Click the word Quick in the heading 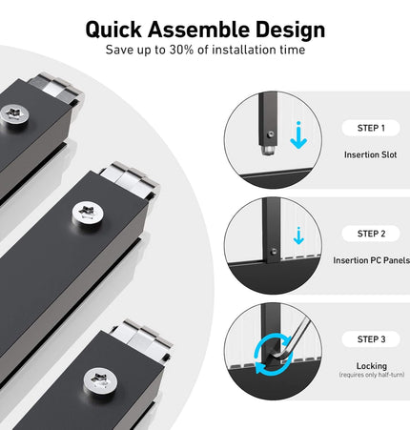[x=113, y=30]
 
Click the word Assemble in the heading [x=198, y=30]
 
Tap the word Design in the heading [x=291, y=31]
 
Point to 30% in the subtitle [x=181, y=50]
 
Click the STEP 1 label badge [x=371, y=128]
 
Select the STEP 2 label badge [x=371, y=234]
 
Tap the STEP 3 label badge [x=371, y=339]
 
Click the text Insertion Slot [x=371, y=154]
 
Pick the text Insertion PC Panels [x=371, y=260]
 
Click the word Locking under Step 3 [x=372, y=366]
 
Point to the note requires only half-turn [x=372, y=375]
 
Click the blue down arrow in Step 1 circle [x=298, y=135]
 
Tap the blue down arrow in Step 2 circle [x=298, y=235]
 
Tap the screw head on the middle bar [x=88, y=213]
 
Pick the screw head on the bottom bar [x=100, y=380]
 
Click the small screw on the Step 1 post [x=270, y=135]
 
